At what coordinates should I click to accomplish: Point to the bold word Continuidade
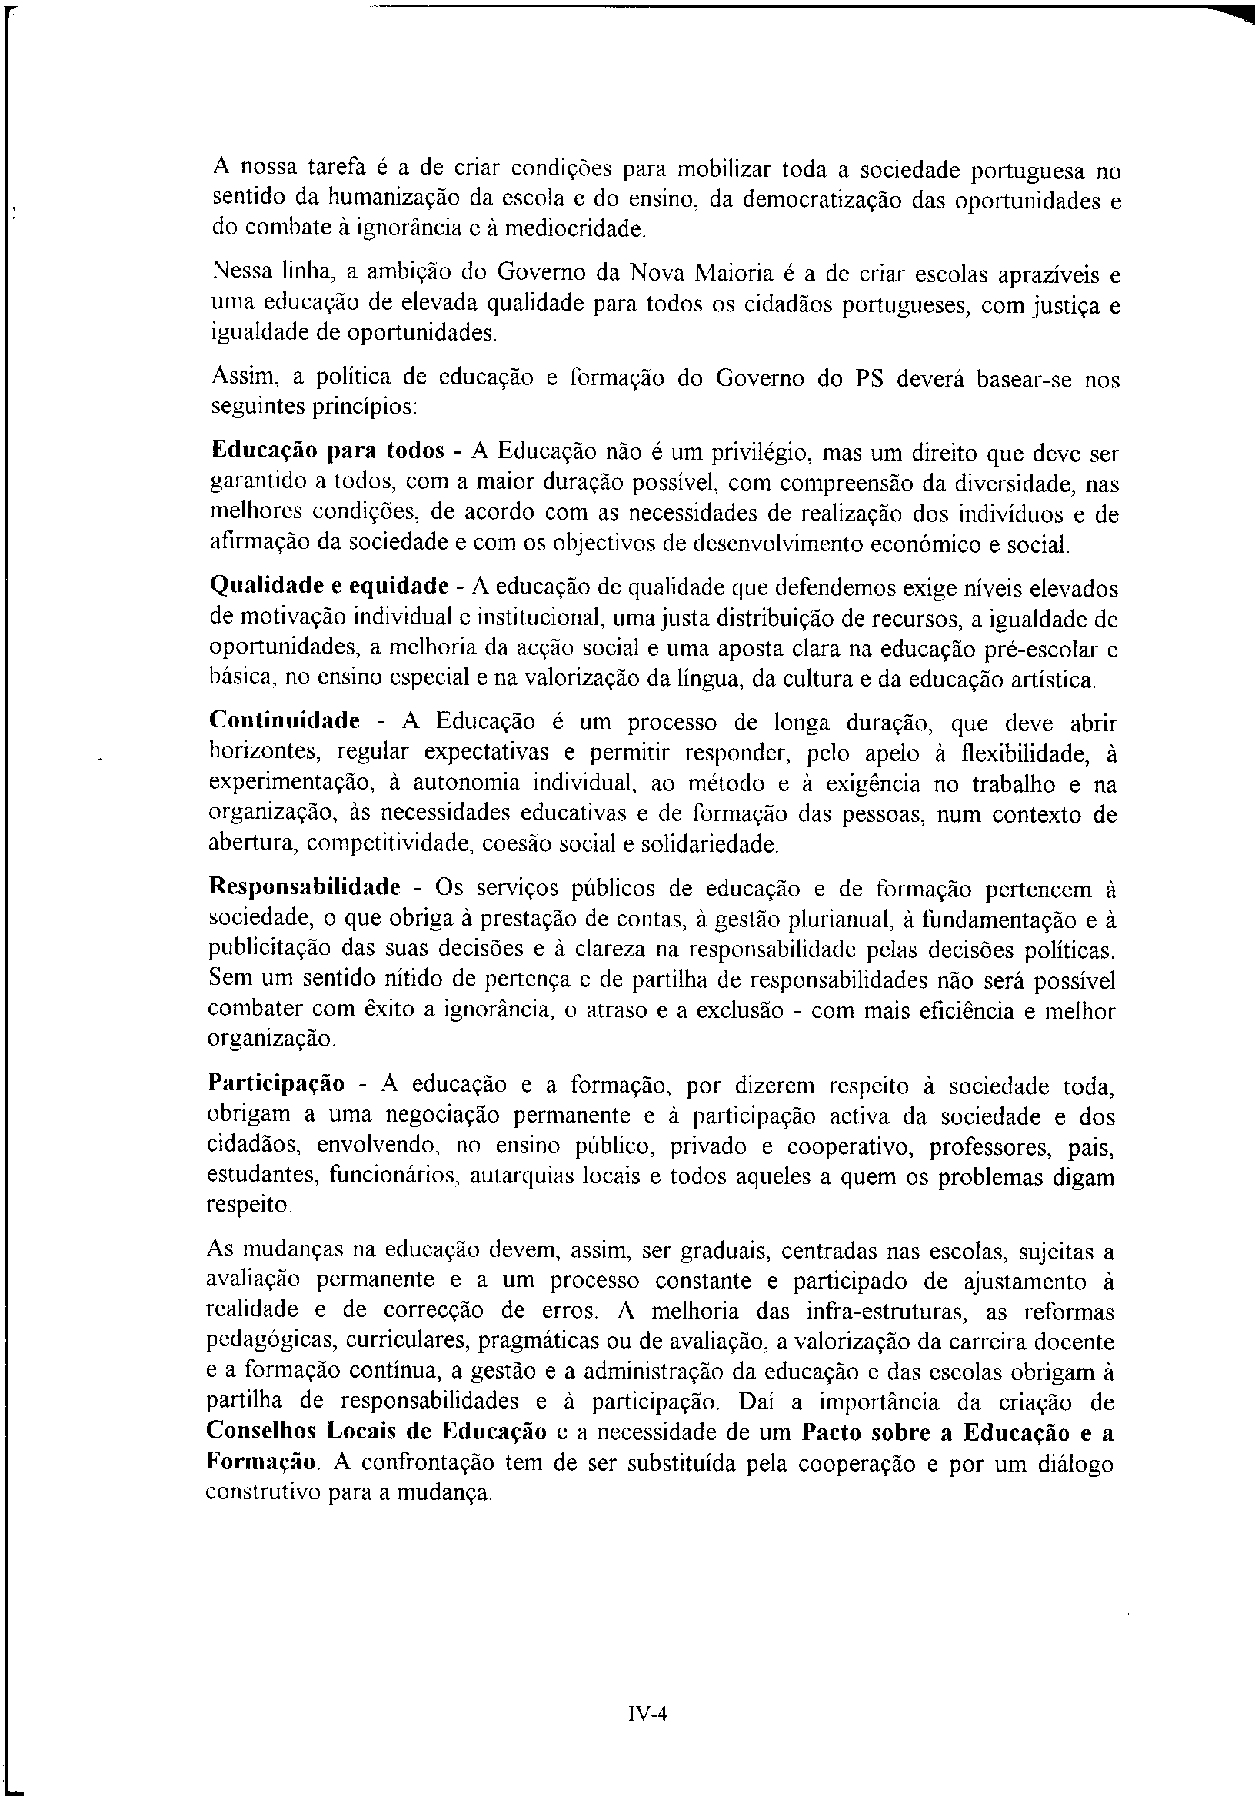click(x=284, y=720)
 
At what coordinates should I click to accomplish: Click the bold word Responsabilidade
click(x=305, y=888)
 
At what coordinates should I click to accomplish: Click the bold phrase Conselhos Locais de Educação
click(x=376, y=1432)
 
